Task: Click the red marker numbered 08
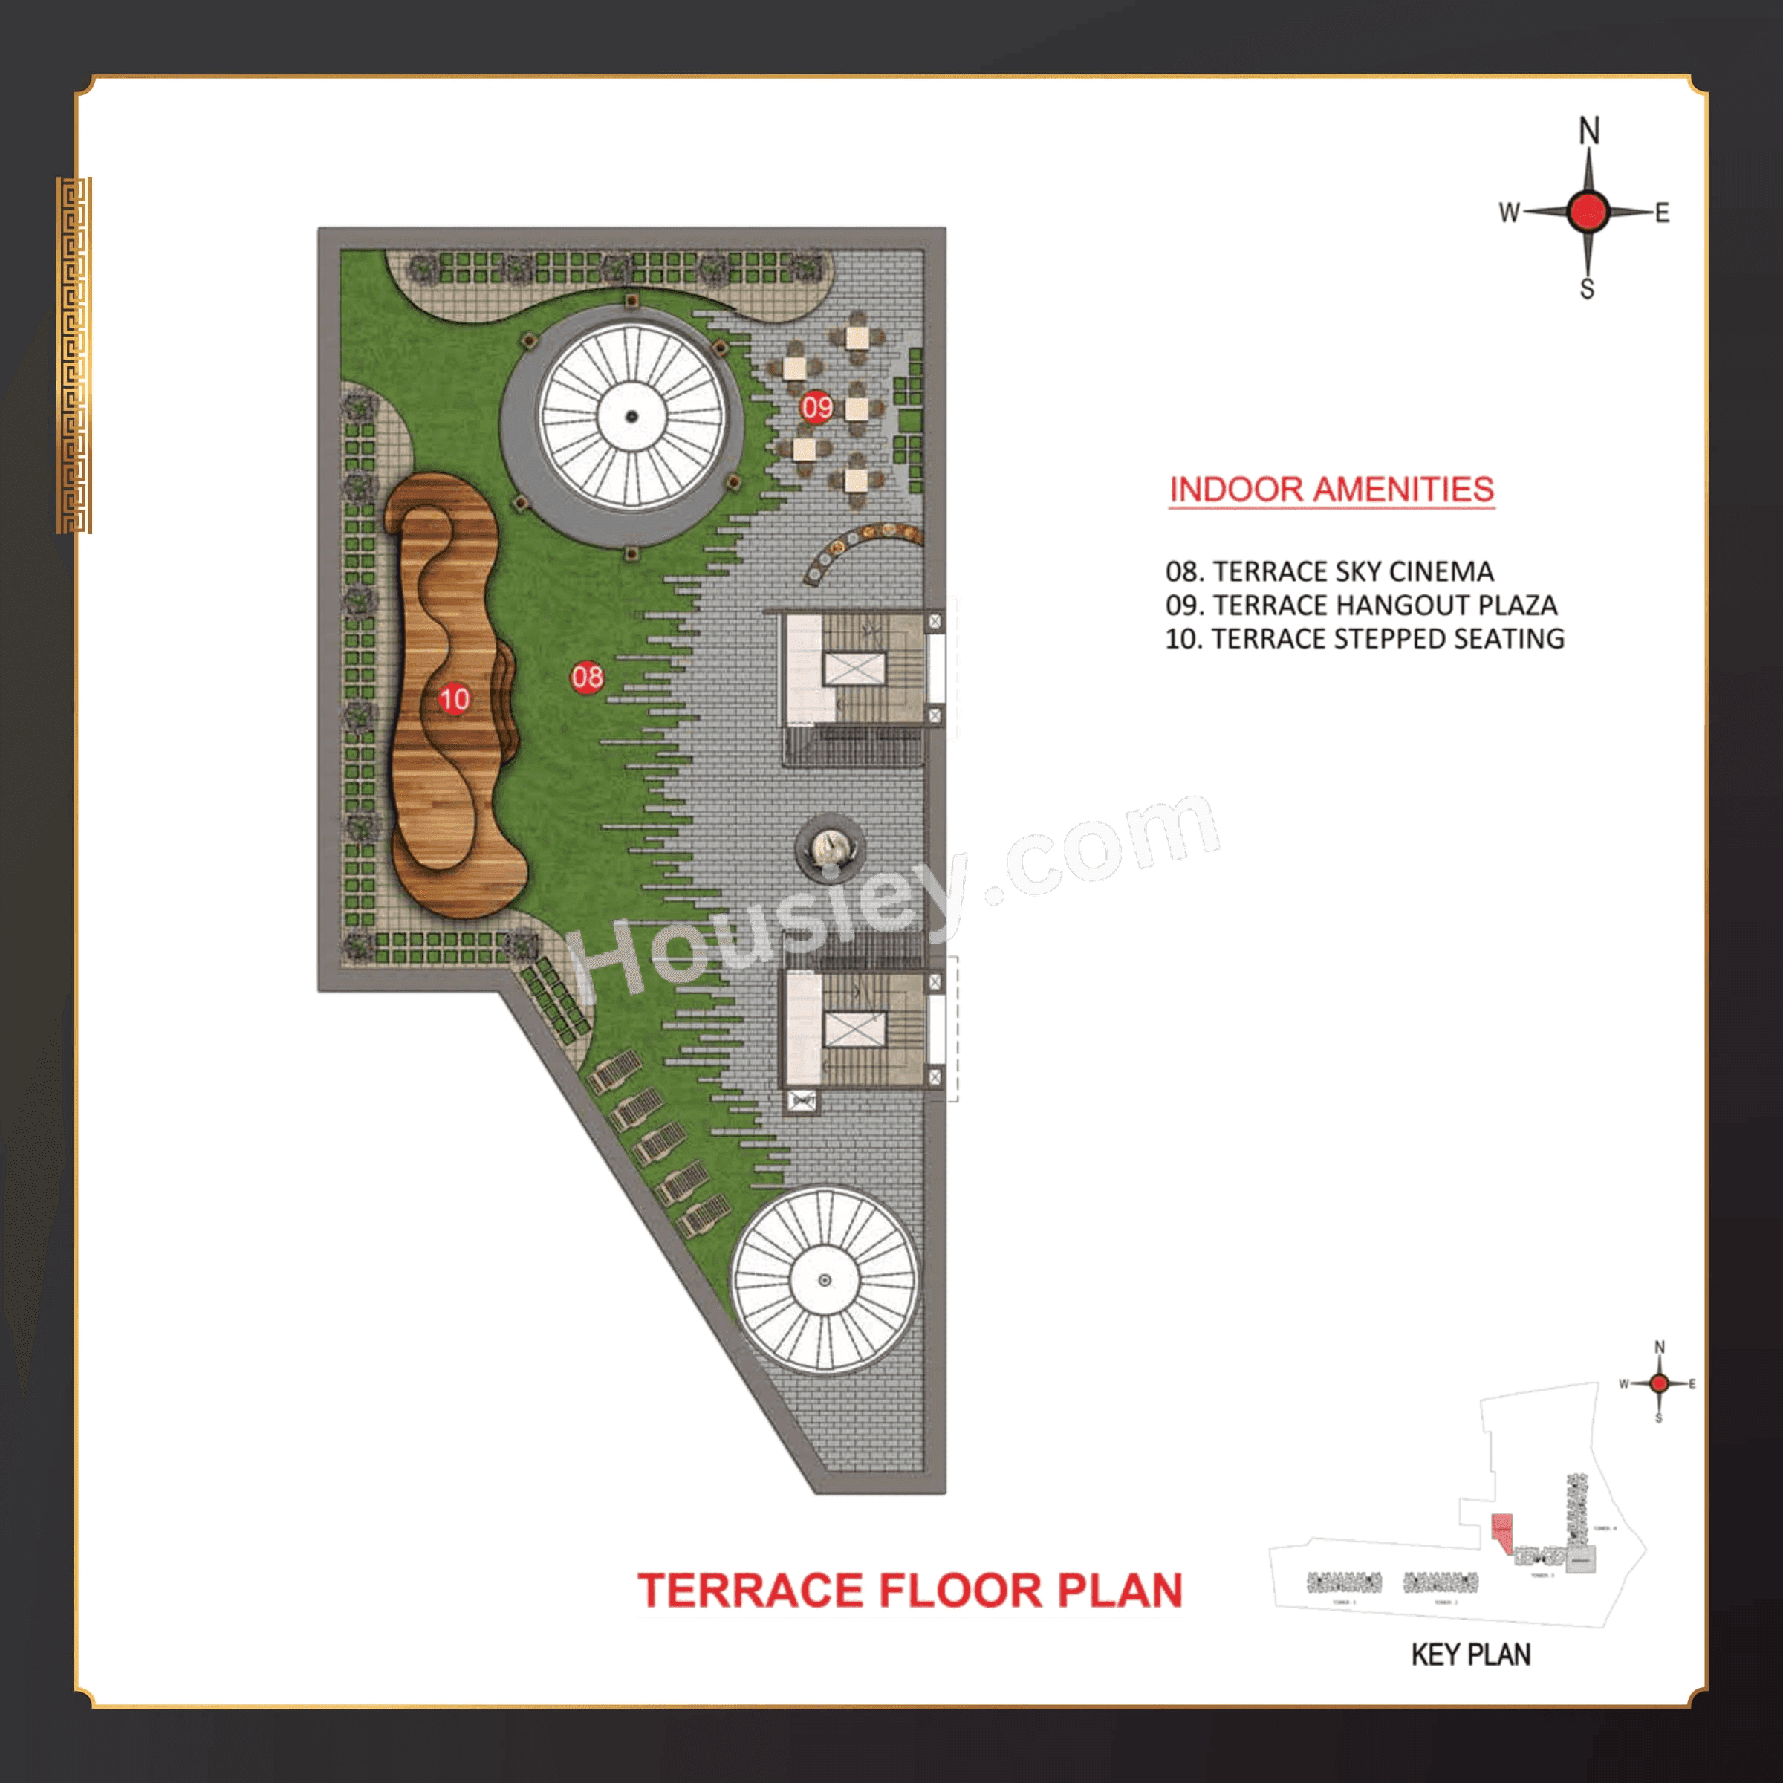pyautogui.click(x=587, y=678)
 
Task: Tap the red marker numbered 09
pyautogui.click(x=816, y=407)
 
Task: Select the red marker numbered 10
pyautogui.click(x=454, y=698)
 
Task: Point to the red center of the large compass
pyautogui.click(x=1588, y=212)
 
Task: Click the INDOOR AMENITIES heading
pyautogui.click(x=1331, y=489)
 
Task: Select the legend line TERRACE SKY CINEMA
pyautogui.click(x=1329, y=571)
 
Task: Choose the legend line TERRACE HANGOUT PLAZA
pyautogui.click(x=1361, y=605)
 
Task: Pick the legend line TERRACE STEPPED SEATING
pyautogui.click(x=1364, y=639)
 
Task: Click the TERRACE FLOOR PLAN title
pyautogui.click(x=910, y=1590)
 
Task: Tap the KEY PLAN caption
pyautogui.click(x=1471, y=1654)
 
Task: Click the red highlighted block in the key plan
pyautogui.click(x=1502, y=1533)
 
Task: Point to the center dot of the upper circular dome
pyautogui.click(x=632, y=416)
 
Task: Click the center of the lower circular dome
pyautogui.click(x=825, y=1280)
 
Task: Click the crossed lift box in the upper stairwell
pyautogui.click(x=854, y=668)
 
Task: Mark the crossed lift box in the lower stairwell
pyautogui.click(x=854, y=1029)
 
